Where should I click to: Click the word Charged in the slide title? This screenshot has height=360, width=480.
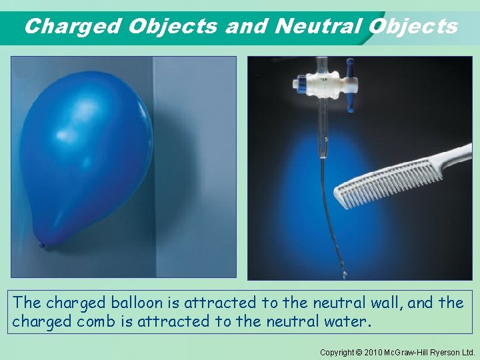pyautogui.click(x=72, y=26)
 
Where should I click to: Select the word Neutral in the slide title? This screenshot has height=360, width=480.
pyautogui.click(x=317, y=26)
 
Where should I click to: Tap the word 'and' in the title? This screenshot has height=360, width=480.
pyautogui.click(x=247, y=26)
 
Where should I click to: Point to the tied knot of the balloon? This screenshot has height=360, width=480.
pyautogui.click(x=43, y=245)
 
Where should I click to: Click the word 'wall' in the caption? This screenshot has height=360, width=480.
pyautogui.click(x=382, y=303)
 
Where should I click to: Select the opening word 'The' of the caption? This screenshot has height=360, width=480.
pyautogui.click(x=27, y=303)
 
